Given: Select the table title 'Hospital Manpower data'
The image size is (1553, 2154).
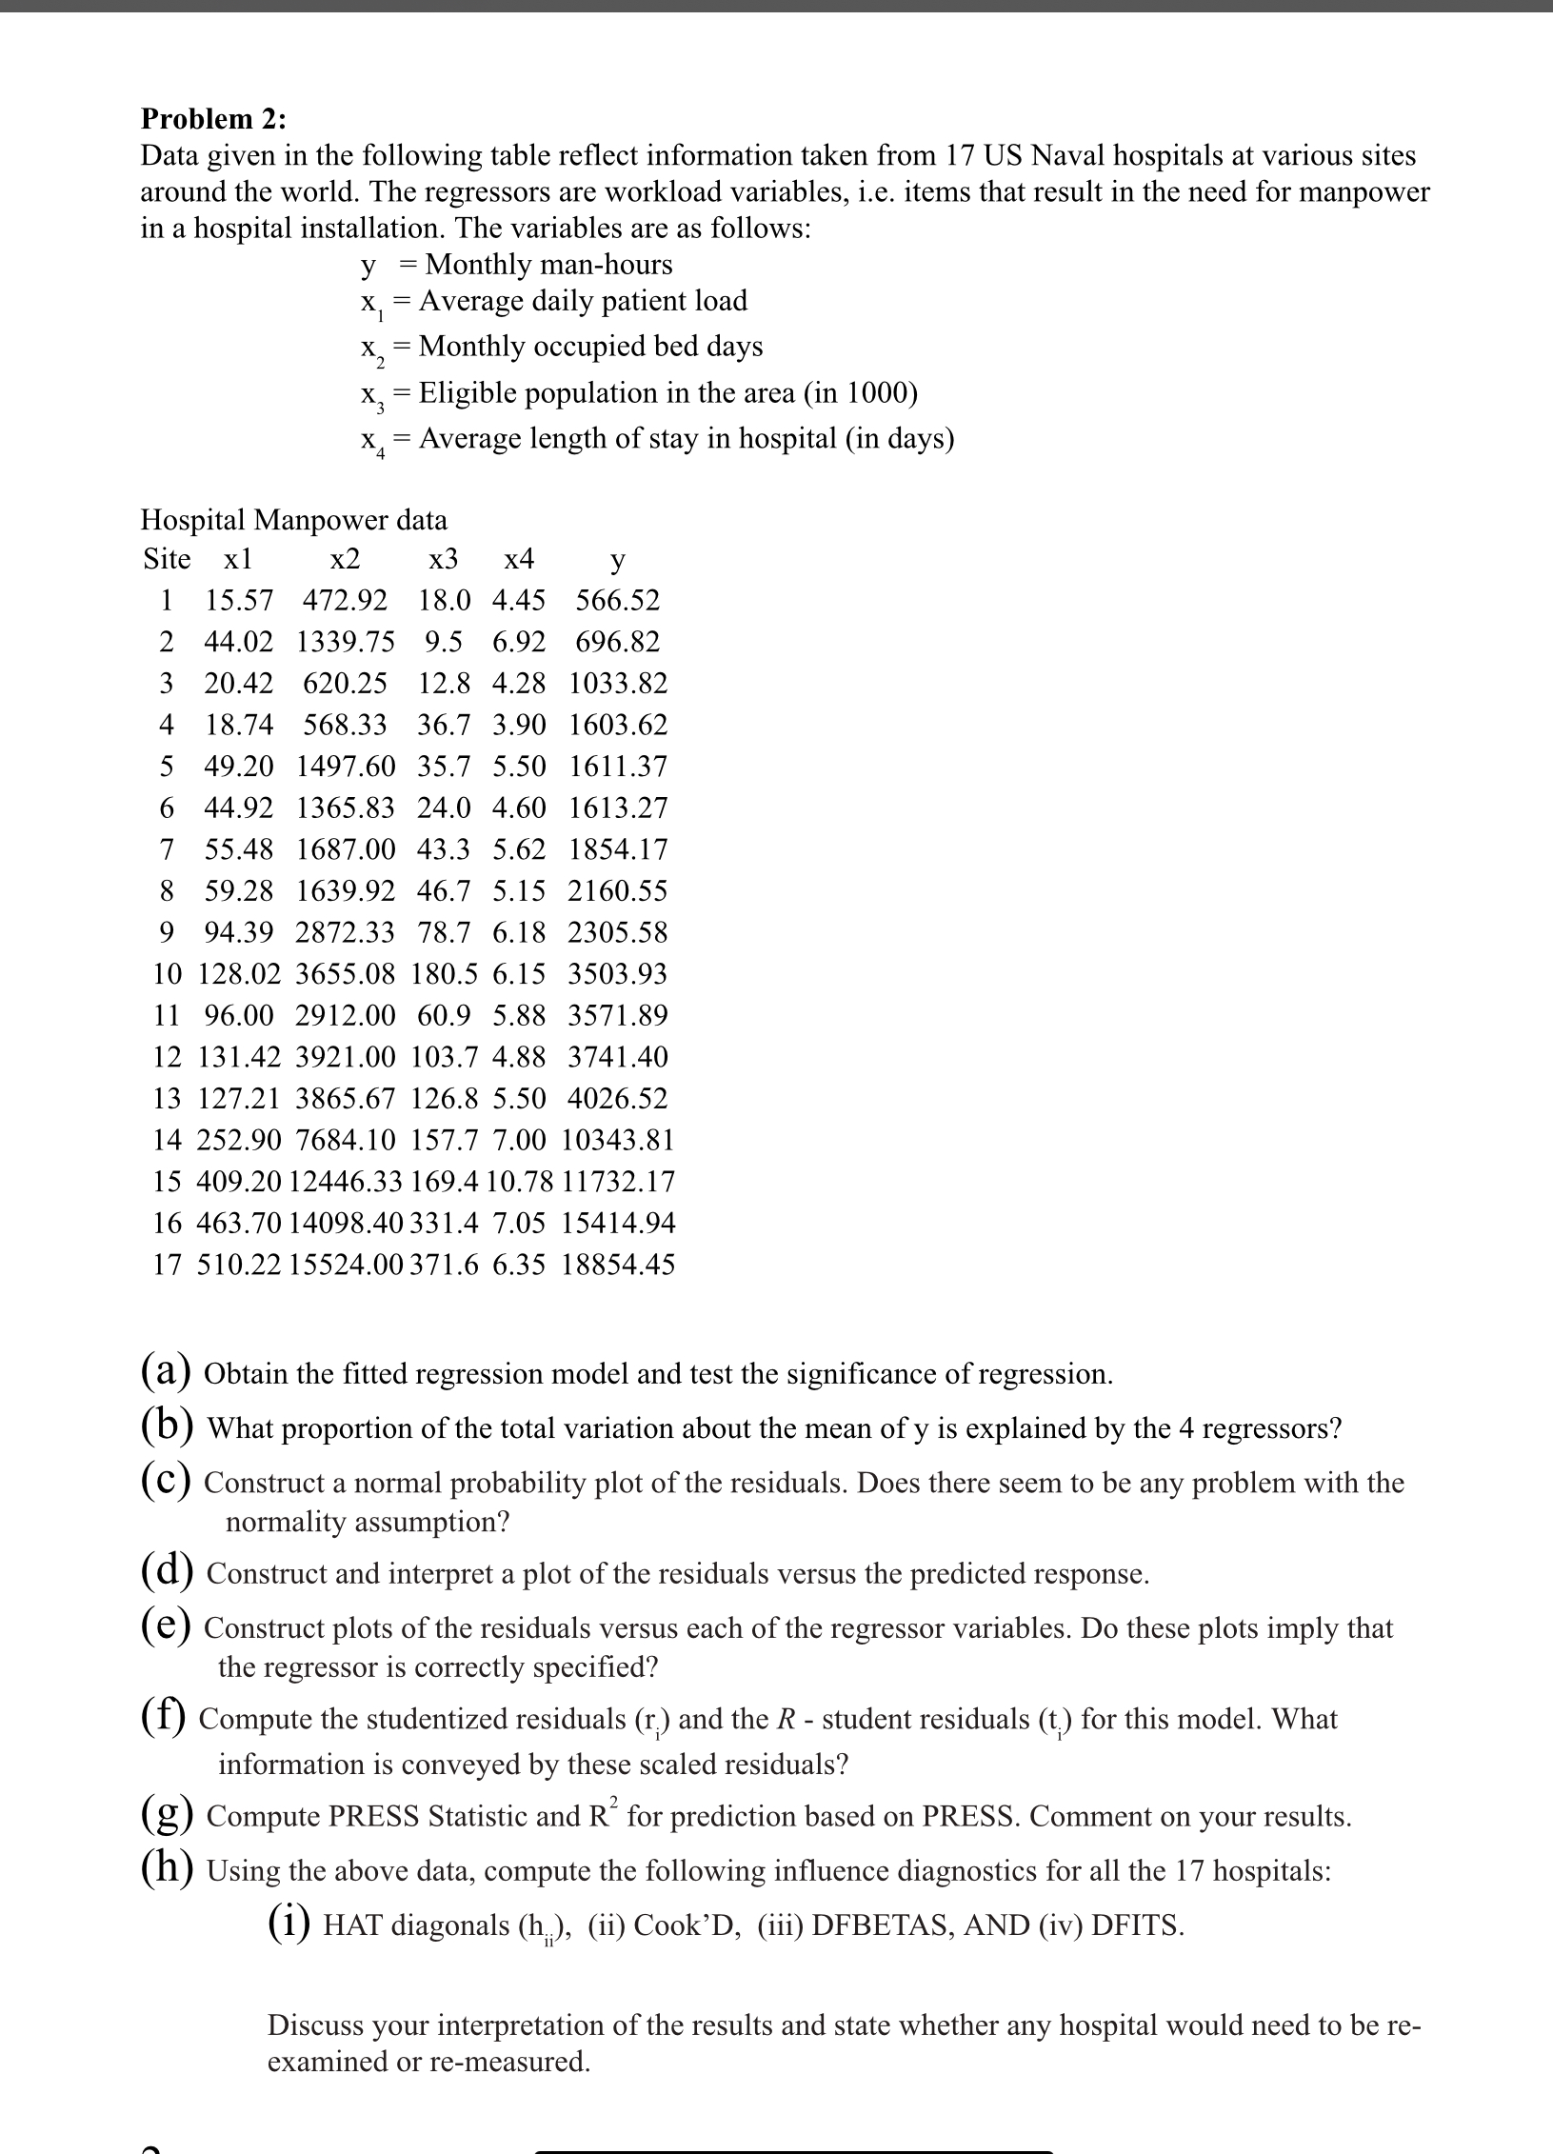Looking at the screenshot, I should tap(293, 520).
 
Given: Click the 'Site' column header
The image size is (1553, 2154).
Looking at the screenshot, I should tap(167, 559).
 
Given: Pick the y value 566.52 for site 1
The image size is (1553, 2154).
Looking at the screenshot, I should tap(617, 601).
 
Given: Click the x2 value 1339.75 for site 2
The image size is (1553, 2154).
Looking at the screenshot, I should tap(346, 642).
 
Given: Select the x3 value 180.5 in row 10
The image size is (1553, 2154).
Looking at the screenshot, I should tap(444, 974).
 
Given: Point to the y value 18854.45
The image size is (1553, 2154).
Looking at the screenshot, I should tap(618, 1265).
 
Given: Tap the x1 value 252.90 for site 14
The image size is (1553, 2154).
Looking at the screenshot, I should tap(235, 1140).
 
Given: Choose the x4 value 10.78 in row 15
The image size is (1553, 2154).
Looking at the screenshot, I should tap(519, 1182).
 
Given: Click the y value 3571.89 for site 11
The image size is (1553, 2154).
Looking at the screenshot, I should tap(618, 1015).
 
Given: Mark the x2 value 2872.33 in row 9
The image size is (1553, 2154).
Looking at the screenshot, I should tap(345, 932).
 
